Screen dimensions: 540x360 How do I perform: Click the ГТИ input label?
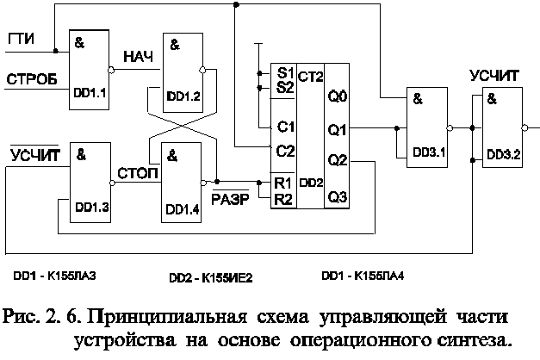(x=21, y=39)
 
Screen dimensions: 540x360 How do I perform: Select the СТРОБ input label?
(x=32, y=79)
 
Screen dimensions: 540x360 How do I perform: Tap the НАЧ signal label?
(x=139, y=57)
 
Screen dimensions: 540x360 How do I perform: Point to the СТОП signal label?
(x=138, y=173)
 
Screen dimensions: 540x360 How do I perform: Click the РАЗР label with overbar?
(x=230, y=198)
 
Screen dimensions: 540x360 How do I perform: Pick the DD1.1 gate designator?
(x=90, y=93)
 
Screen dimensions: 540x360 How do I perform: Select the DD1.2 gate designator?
(x=183, y=96)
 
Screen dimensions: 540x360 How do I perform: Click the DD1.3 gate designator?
(x=92, y=207)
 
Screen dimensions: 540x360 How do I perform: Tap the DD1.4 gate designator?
(x=183, y=209)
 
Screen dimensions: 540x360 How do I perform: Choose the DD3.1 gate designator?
(x=429, y=152)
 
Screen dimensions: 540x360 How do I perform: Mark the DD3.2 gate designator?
(x=504, y=155)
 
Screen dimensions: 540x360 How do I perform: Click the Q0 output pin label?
(x=338, y=96)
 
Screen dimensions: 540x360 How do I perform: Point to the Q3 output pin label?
(x=338, y=197)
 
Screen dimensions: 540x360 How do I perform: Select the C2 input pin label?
(x=285, y=151)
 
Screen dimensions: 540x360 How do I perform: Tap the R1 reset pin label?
(x=283, y=183)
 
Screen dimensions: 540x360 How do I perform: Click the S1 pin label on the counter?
(x=285, y=72)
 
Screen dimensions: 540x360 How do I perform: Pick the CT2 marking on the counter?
(x=310, y=77)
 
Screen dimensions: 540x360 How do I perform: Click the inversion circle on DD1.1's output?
(x=111, y=70)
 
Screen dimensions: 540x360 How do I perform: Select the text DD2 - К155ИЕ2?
(x=211, y=277)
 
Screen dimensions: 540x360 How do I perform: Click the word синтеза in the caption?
(x=474, y=340)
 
